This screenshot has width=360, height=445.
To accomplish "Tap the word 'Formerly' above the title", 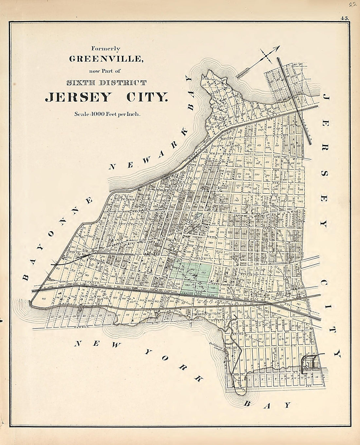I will (x=106, y=49).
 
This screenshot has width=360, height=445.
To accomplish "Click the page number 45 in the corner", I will (x=344, y=19).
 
